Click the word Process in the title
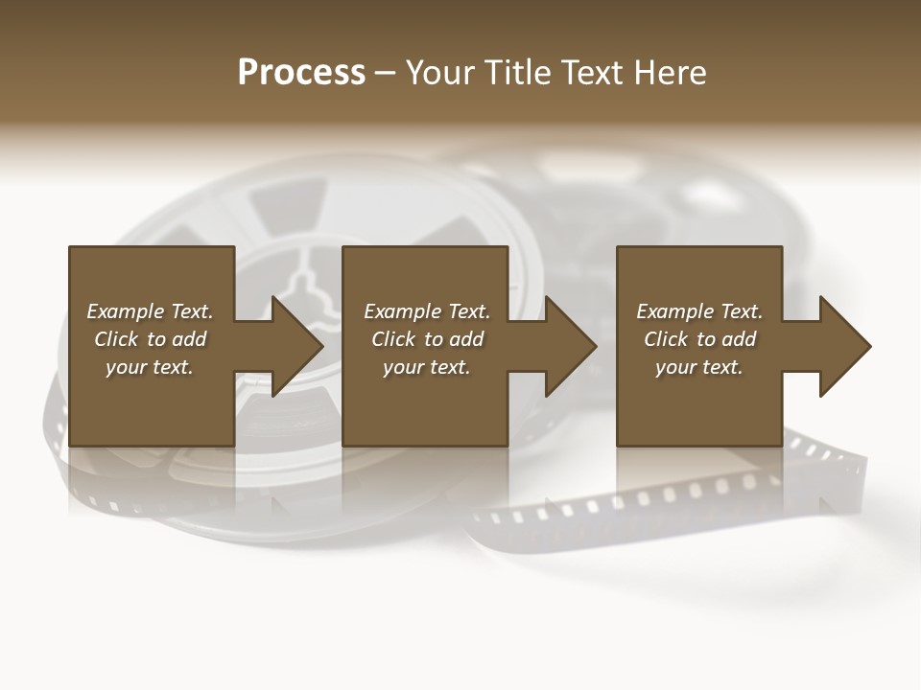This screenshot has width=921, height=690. [x=301, y=73]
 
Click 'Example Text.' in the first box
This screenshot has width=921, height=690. [x=150, y=311]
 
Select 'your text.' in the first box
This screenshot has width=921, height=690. [x=150, y=367]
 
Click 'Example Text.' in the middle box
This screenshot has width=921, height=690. [x=427, y=311]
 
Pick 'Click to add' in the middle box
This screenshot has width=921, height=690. [x=427, y=339]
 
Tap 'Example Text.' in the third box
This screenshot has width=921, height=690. [x=699, y=311]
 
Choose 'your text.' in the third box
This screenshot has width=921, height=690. [x=699, y=367]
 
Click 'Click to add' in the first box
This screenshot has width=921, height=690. [x=150, y=339]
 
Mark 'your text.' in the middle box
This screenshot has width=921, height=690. [x=427, y=367]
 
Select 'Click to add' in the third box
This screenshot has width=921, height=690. [x=699, y=339]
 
